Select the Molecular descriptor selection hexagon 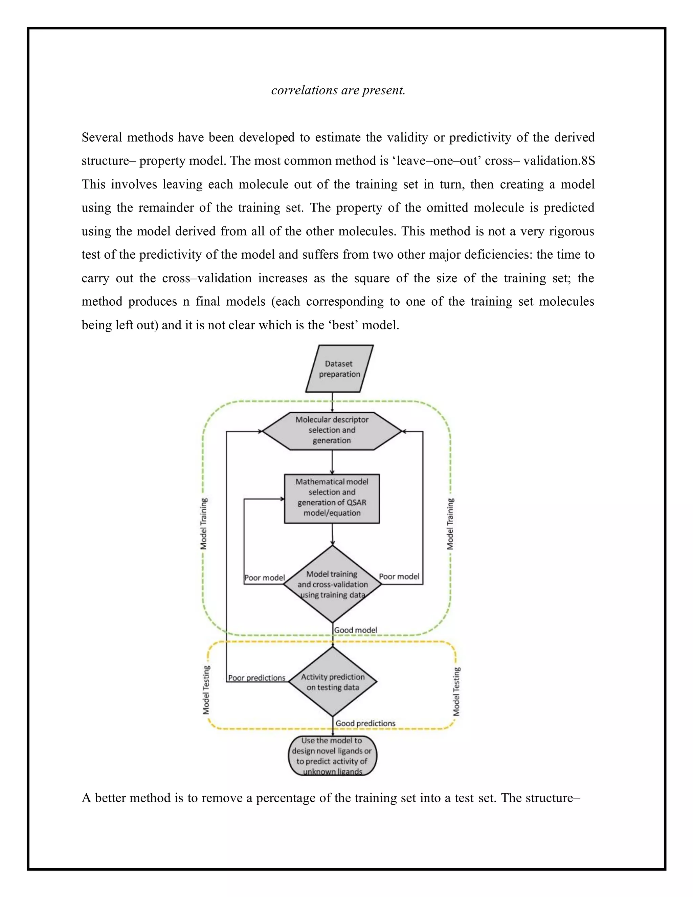point(332,431)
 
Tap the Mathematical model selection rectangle point(332,498)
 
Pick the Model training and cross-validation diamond point(332,584)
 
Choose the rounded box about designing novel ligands point(332,756)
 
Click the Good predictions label point(365,723)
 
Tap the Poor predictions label point(256,678)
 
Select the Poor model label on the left point(264,577)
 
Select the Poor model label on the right point(399,576)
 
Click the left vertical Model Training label point(204,524)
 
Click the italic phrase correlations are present point(338,90)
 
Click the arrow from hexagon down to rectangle point(332,462)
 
